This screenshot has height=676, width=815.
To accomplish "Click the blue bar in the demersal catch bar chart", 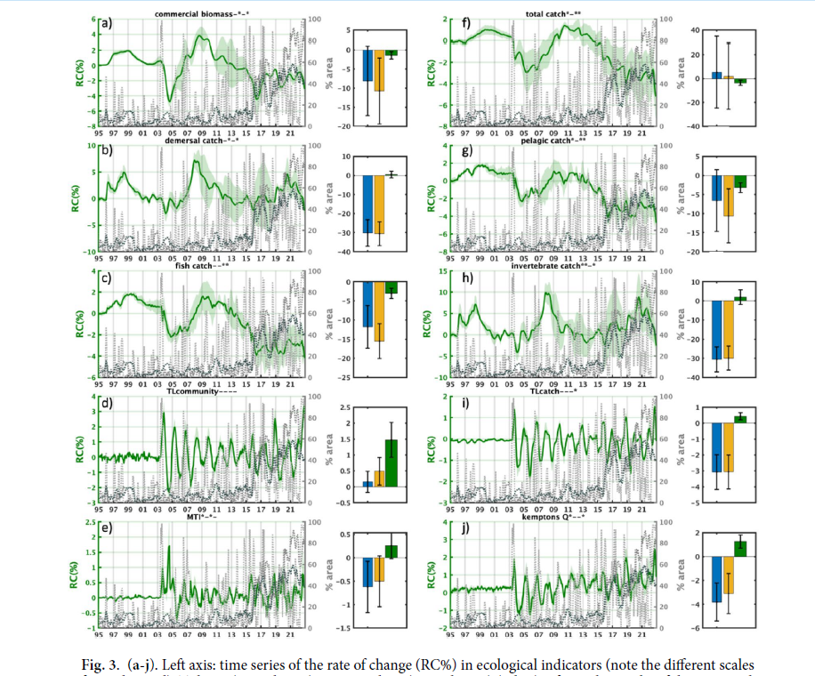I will click(x=367, y=204).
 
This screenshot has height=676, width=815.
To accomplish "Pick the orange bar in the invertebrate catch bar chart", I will click(x=729, y=329).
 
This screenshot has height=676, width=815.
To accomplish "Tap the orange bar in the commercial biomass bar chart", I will click(x=379, y=71).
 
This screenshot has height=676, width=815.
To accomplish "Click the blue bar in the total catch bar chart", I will click(x=717, y=76).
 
